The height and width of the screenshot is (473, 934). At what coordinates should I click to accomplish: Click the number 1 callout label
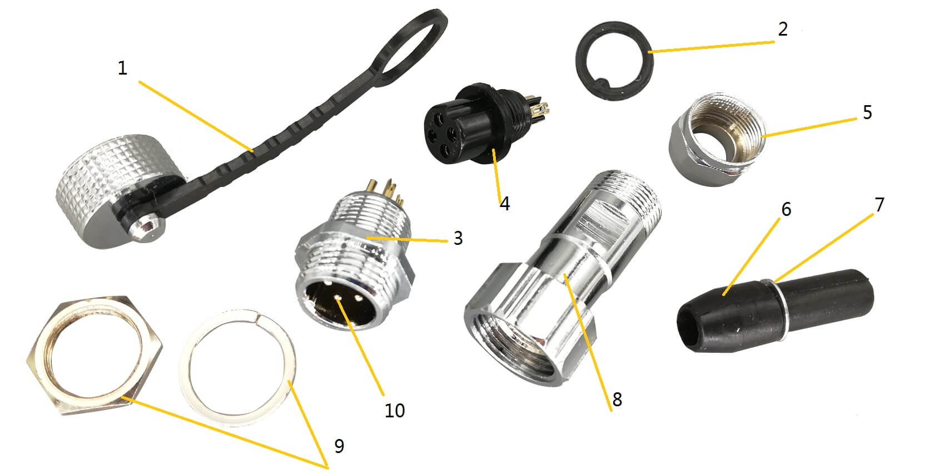(x=122, y=68)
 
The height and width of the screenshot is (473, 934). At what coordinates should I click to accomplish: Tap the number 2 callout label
(x=783, y=29)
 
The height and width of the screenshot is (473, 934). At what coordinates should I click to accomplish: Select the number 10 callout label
(x=395, y=411)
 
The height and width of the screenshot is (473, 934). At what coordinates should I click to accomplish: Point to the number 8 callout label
(x=617, y=400)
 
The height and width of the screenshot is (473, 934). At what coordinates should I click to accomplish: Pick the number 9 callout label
(x=339, y=446)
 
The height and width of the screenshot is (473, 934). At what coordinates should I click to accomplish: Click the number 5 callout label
(x=867, y=112)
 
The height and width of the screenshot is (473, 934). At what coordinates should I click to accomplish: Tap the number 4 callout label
(x=505, y=204)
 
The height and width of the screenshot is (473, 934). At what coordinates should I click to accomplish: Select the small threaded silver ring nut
(x=717, y=140)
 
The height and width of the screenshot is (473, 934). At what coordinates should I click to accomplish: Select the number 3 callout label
(x=458, y=238)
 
